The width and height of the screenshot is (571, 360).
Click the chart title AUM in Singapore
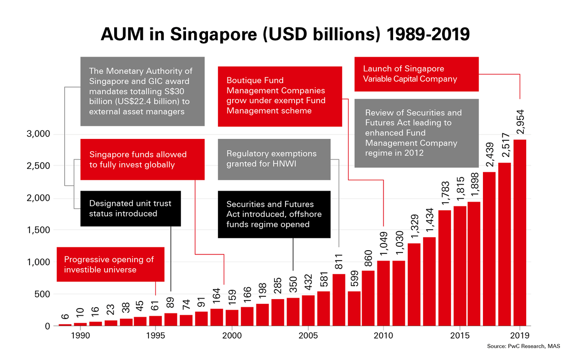(x=285, y=35)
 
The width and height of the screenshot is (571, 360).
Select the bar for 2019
(x=520, y=233)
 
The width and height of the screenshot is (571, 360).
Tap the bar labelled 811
(x=339, y=300)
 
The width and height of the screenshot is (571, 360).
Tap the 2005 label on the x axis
(x=308, y=335)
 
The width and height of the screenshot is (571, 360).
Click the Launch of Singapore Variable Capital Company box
(x=416, y=74)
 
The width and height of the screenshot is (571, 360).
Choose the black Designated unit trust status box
(x=130, y=208)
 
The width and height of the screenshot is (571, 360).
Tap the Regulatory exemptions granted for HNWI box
(x=274, y=159)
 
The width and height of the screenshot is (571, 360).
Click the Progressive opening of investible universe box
(x=110, y=264)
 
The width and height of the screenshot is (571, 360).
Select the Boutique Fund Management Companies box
(x=280, y=96)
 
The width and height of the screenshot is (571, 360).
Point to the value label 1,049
(x=384, y=243)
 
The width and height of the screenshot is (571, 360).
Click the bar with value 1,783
(x=445, y=268)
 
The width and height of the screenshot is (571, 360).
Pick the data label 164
(x=217, y=295)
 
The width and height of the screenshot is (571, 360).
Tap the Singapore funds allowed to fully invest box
(x=142, y=159)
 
